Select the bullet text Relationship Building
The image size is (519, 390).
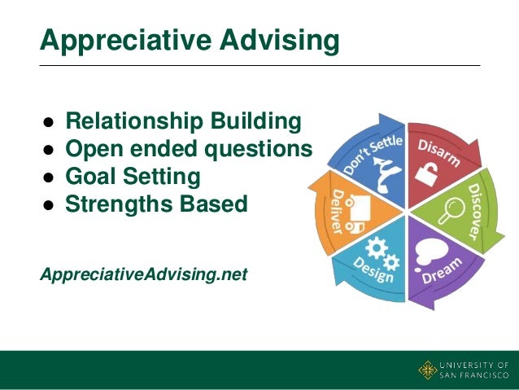(183, 122)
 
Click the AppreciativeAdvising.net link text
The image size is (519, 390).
(143, 275)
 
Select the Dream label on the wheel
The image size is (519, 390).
(443, 270)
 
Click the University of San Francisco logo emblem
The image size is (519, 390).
(428, 370)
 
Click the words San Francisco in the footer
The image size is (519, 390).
(473, 376)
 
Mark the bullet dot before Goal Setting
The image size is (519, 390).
(49, 177)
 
